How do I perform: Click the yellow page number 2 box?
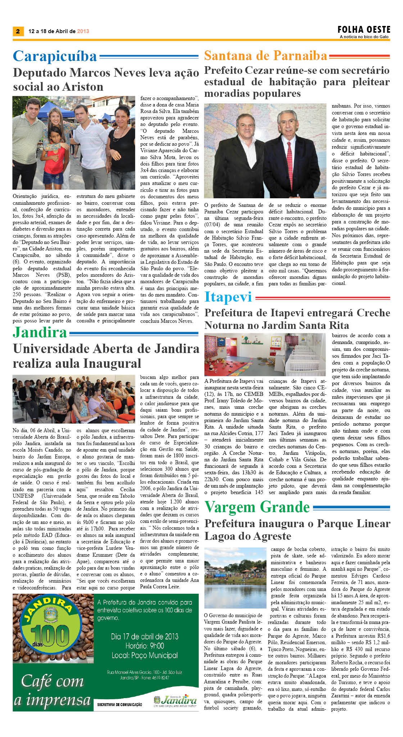tap(18, 31)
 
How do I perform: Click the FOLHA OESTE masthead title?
tap(364, 30)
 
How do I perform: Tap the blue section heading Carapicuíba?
tap(55, 56)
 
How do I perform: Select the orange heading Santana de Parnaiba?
tap(266, 56)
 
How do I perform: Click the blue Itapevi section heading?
tap(228, 297)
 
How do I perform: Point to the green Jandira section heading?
tap(40, 333)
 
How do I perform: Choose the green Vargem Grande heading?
tap(257, 507)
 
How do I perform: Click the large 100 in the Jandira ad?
tap(50, 637)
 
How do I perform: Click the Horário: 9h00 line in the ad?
tap(145, 646)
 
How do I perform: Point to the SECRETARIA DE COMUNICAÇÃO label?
tap(119, 705)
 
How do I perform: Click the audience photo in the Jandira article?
tap(74, 399)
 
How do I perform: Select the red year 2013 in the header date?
tap(83, 31)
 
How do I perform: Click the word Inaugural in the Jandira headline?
tap(112, 363)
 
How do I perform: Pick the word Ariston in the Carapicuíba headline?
tap(83, 87)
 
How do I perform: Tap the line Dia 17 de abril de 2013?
tap(145, 637)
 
